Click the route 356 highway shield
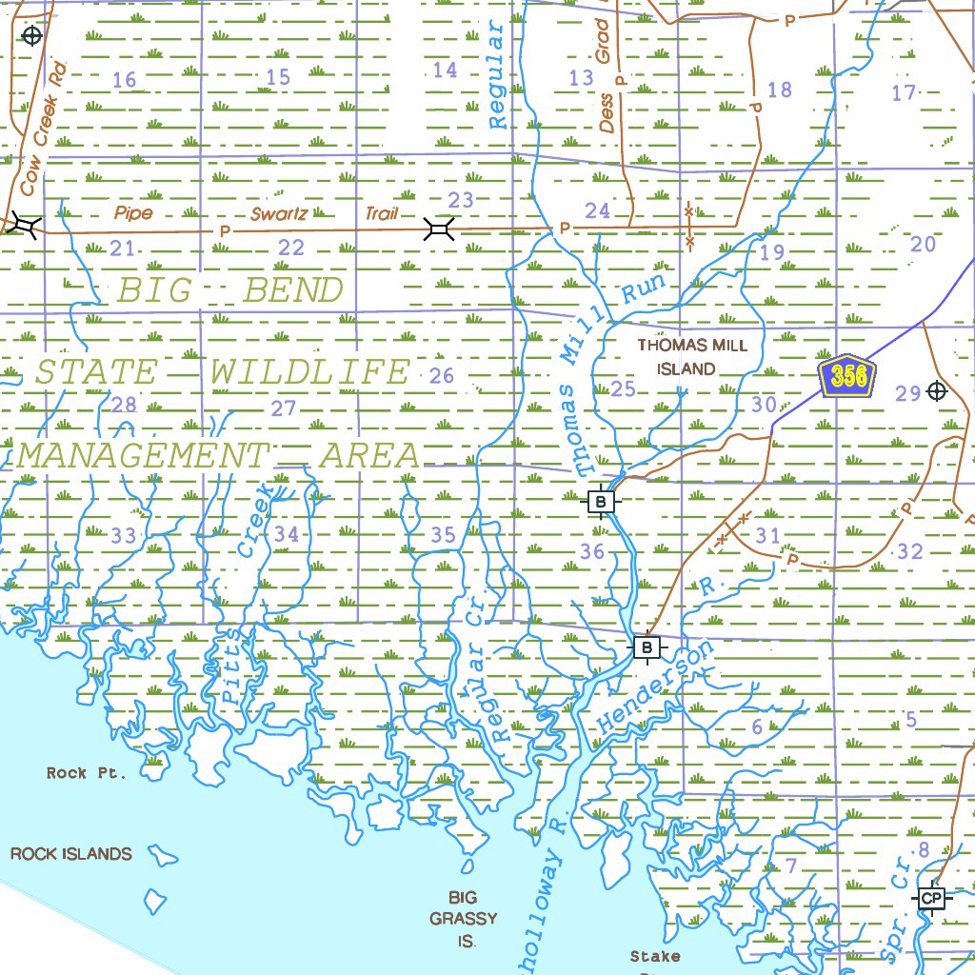(847, 376)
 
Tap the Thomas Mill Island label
(692, 357)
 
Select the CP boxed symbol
(931, 898)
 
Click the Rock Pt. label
(86, 773)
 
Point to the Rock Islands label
(71, 853)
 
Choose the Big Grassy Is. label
(464, 919)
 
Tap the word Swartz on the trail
(279, 214)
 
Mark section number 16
(125, 80)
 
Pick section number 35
(443, 535)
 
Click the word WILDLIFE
(309, 373)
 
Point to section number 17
(904, 92)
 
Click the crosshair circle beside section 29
(937, 391)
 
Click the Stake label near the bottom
(655, 955)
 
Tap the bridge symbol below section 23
(439, 228)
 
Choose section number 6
(757, 727)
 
